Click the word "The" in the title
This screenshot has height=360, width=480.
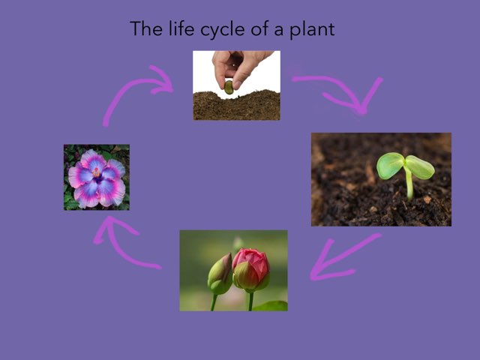click(145, 28)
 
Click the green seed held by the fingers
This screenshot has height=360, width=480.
click(229, 87)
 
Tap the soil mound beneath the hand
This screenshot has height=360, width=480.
click(236, 106)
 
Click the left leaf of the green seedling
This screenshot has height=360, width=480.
click(389, 165)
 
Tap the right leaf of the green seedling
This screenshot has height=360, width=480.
click(420, 166)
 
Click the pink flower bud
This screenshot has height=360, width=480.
click(251, 268)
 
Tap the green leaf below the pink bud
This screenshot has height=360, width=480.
click(270, 305)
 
